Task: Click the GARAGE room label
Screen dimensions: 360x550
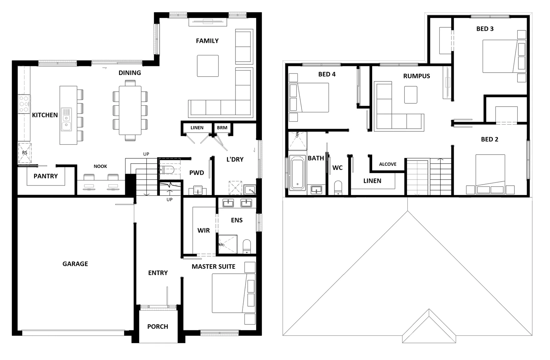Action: point(75,264)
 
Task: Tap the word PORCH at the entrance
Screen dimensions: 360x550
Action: point(158,326)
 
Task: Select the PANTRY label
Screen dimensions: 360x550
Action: point(46,176)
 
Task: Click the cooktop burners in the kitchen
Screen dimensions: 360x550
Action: point(24,104)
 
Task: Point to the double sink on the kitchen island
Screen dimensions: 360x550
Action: point(66,119)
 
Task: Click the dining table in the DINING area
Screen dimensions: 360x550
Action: point(130,110)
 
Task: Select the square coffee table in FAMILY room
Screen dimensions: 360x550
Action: point(208,66)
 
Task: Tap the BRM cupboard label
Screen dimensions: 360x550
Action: point(222,128)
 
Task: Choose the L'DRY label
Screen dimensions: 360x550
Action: point(235,159)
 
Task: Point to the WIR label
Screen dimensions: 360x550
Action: point(204,230)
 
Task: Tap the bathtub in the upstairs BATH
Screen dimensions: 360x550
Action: point(297,173)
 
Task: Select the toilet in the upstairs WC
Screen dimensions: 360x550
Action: point(338,188)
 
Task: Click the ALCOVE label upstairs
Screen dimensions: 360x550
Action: point(387,164)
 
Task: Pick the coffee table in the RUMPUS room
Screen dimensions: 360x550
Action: point(410,95)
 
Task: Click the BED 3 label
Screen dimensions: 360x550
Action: point(485,29)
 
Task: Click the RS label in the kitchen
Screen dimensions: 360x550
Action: point(25,153)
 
